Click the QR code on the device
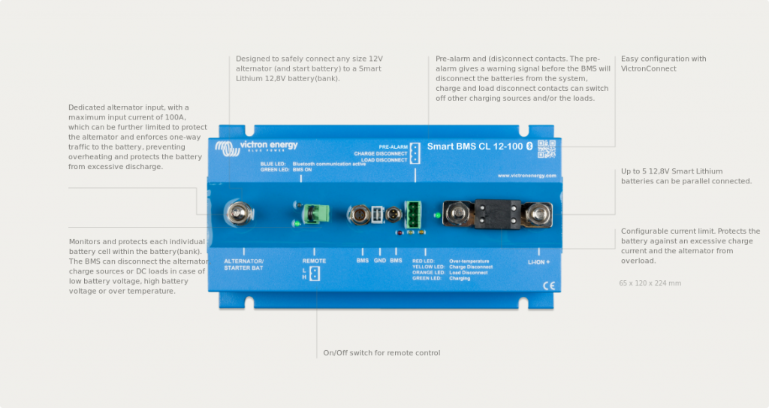[546, 148]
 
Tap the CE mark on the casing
[549, 285]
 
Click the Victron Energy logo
[256, 147]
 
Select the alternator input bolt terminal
[240, 214]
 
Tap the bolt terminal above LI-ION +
[538, 215]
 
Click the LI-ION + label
[538, 261]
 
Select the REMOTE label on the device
[314, 261]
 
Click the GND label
[379, 261]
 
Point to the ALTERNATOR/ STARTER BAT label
[244, 264]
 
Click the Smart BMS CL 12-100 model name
[475, 146]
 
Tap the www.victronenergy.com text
[526, 176]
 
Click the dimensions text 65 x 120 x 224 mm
[650, 283]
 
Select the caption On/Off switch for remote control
[381, 352]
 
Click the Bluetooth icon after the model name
[529, 146]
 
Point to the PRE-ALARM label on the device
[393, 147]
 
